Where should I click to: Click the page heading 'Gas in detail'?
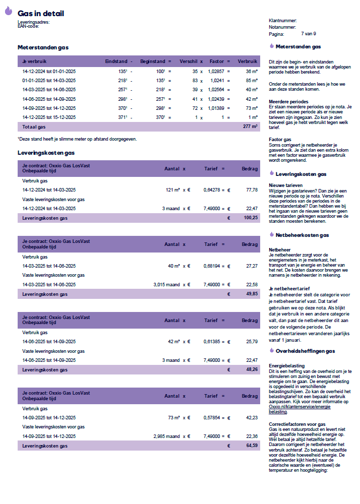(x=41, y=14)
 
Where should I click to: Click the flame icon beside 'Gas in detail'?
(x=8, y=10)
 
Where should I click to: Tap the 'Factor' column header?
(x=216, y=61)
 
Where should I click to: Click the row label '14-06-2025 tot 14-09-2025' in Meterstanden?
(x=49, y=99)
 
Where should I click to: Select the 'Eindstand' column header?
(x=116, y=61)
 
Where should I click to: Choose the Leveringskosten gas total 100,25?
(x=251, y=218)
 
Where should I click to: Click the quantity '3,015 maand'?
(x=166, y=284)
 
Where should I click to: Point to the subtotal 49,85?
(x=252, y=293)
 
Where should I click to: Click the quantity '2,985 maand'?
(x=166, y=436)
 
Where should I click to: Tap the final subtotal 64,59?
(x=252, y=446)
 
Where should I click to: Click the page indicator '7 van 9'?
(x=309, y=34)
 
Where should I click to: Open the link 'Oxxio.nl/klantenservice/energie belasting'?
(x=302, y=409)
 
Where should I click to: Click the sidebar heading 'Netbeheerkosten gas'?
(x=302, y=235)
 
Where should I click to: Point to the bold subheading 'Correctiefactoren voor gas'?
(x=297, y=424)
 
